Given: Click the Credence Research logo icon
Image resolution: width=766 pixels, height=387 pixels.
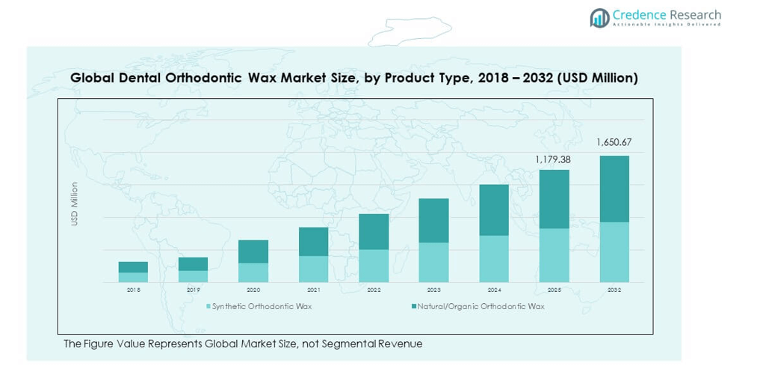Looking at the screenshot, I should (x=599, y=18).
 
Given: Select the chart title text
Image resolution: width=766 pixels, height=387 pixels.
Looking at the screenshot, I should (x=353, y=78).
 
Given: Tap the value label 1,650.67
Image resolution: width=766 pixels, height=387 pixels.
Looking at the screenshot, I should (x=614, y=142).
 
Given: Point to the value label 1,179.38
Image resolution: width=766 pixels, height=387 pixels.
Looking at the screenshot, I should (x=554, y=159).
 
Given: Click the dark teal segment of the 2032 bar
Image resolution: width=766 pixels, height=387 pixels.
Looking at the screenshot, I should (x=614, y=189).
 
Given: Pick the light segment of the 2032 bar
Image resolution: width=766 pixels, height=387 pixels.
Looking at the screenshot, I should (x=614, y=252).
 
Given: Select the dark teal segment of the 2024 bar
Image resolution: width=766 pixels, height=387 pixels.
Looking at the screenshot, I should (x=494, y=210).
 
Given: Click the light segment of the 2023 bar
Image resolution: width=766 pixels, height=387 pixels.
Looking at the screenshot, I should (x=433, y=262).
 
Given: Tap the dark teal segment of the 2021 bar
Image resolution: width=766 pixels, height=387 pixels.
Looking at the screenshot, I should (x=313, y=241).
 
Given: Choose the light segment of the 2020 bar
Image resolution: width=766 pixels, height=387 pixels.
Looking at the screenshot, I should (x=253, y=272).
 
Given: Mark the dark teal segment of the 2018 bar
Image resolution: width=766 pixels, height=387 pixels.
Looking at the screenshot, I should (x=133, y=267).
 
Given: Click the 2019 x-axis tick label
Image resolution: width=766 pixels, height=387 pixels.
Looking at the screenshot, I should (x=193, y=290).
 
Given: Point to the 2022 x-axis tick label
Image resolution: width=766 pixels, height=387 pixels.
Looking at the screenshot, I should (x=374, y=290).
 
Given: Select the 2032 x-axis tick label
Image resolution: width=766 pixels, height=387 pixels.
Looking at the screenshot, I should (x=614, y=290).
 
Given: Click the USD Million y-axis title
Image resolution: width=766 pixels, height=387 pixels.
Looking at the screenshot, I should (x=75, y=204).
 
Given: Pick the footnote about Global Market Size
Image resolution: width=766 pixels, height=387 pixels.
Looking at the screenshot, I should (x=243, y=344).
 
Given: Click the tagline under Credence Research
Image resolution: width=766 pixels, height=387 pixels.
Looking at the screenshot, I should (x=667, y=25).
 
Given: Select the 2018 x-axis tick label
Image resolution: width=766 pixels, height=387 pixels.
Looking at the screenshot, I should (x=133, y=290).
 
